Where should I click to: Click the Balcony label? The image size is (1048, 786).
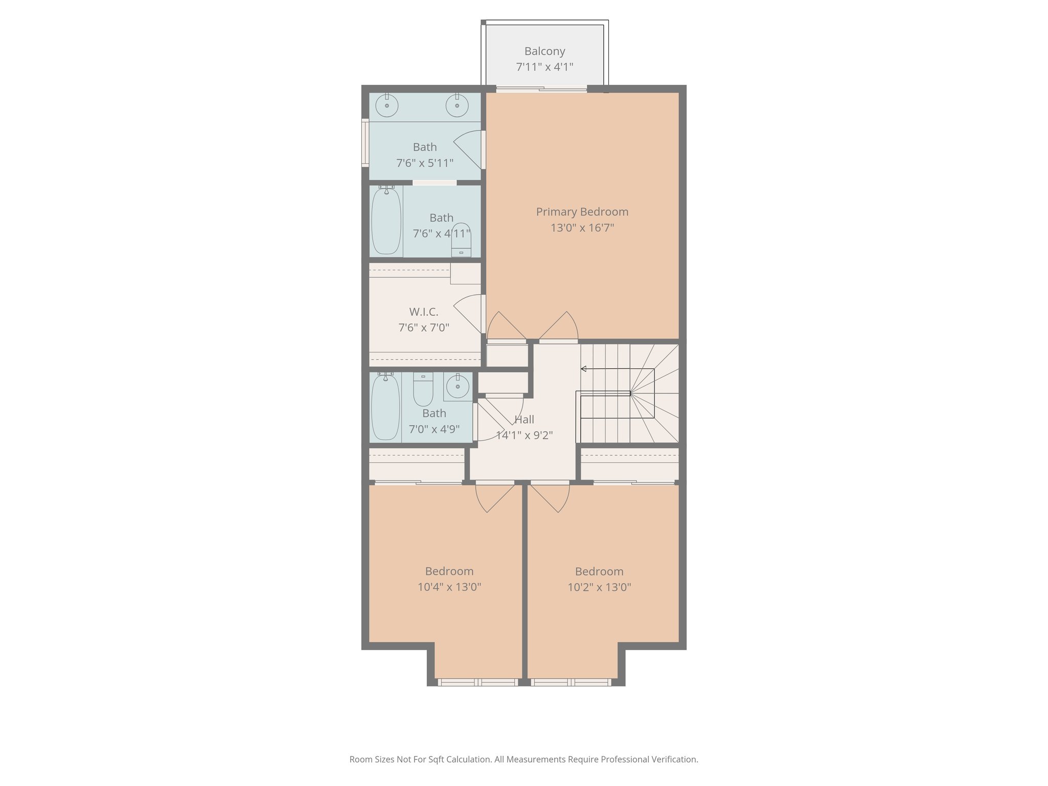tap(544, 51)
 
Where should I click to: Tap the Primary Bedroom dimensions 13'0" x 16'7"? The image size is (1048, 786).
tap(582, 228)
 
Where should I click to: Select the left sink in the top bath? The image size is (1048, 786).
tap(387, 106)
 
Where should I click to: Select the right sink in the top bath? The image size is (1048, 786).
tap(457, 106)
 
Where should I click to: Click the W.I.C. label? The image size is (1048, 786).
tap(424, 312)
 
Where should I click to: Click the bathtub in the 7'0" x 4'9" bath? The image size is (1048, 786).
tap(385, 406)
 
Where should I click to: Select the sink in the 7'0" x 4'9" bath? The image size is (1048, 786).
tap(457, 386)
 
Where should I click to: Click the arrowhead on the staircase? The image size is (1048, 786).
tap(583, 369)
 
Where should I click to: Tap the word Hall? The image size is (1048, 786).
tap(524, 420)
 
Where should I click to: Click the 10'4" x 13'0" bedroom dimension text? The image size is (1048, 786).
tap(449, 587)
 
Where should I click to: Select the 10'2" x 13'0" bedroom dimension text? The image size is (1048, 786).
tap(599, 587)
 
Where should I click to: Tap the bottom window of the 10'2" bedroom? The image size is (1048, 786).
tap(571, 682)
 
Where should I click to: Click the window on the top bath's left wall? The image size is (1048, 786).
tap(365, 143)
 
